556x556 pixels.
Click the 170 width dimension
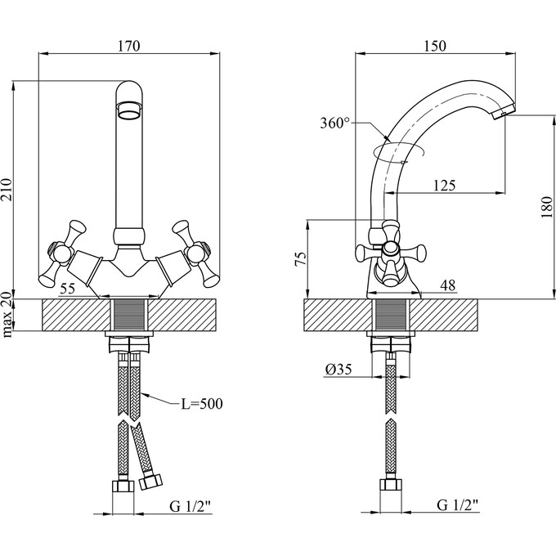(131, 46)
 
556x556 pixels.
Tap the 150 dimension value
(435, 46)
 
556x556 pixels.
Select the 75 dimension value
(300, 260)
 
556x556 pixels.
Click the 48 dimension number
(447, 285)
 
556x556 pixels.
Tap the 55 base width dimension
(69, 288)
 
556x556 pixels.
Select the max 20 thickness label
(9, 315)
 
